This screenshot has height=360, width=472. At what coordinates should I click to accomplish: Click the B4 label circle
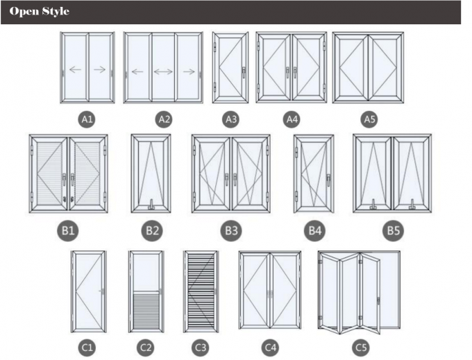pos(314,230)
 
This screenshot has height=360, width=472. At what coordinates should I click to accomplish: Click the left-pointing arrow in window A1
pos(76,69)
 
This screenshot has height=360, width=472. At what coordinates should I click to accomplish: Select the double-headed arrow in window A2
pos(164,71)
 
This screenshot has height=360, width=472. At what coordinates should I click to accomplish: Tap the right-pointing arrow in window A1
pos(99,69)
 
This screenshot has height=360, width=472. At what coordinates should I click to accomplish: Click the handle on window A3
pos(244,70)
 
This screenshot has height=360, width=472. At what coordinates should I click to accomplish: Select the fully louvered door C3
pos(200,292)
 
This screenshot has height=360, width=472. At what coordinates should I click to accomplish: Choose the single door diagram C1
pos(89,292)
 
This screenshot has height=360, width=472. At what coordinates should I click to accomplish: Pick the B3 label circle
pos(230,230)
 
